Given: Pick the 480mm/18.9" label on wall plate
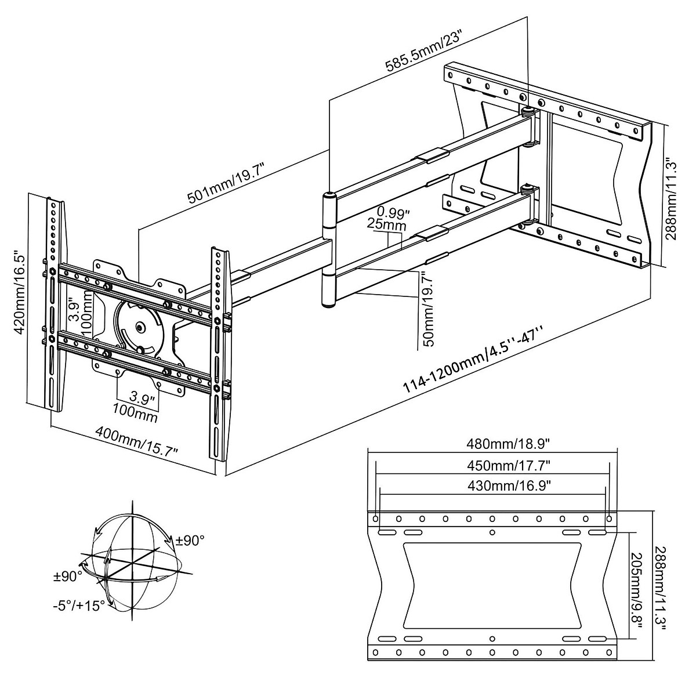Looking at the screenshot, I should [492, 444].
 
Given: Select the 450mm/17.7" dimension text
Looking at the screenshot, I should [492, 465].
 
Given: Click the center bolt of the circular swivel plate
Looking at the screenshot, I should [140, 327].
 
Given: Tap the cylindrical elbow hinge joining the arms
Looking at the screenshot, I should [328, 249].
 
